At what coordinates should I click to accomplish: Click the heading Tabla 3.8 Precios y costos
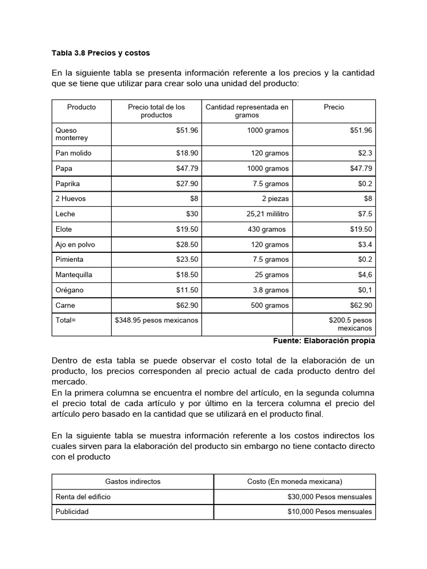pos(101,53)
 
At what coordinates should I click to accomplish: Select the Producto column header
pos(81,107)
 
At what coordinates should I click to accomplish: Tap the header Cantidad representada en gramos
pos(247,111)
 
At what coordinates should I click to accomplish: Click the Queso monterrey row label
pos(72,134)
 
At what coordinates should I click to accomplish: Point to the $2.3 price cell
pos(365,153)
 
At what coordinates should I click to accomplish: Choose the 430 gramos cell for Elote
pos(267,229)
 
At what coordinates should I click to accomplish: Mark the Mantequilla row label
pos(74,274)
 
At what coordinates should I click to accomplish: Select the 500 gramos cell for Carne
pos(270,305)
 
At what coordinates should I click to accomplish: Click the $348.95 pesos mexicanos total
pos(156,320)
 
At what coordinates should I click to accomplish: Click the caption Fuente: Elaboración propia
pos(324,341)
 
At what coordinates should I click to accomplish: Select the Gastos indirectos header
pos(133,481)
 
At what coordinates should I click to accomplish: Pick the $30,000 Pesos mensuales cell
pos(330,496)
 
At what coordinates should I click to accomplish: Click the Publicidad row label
pos(72,512)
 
